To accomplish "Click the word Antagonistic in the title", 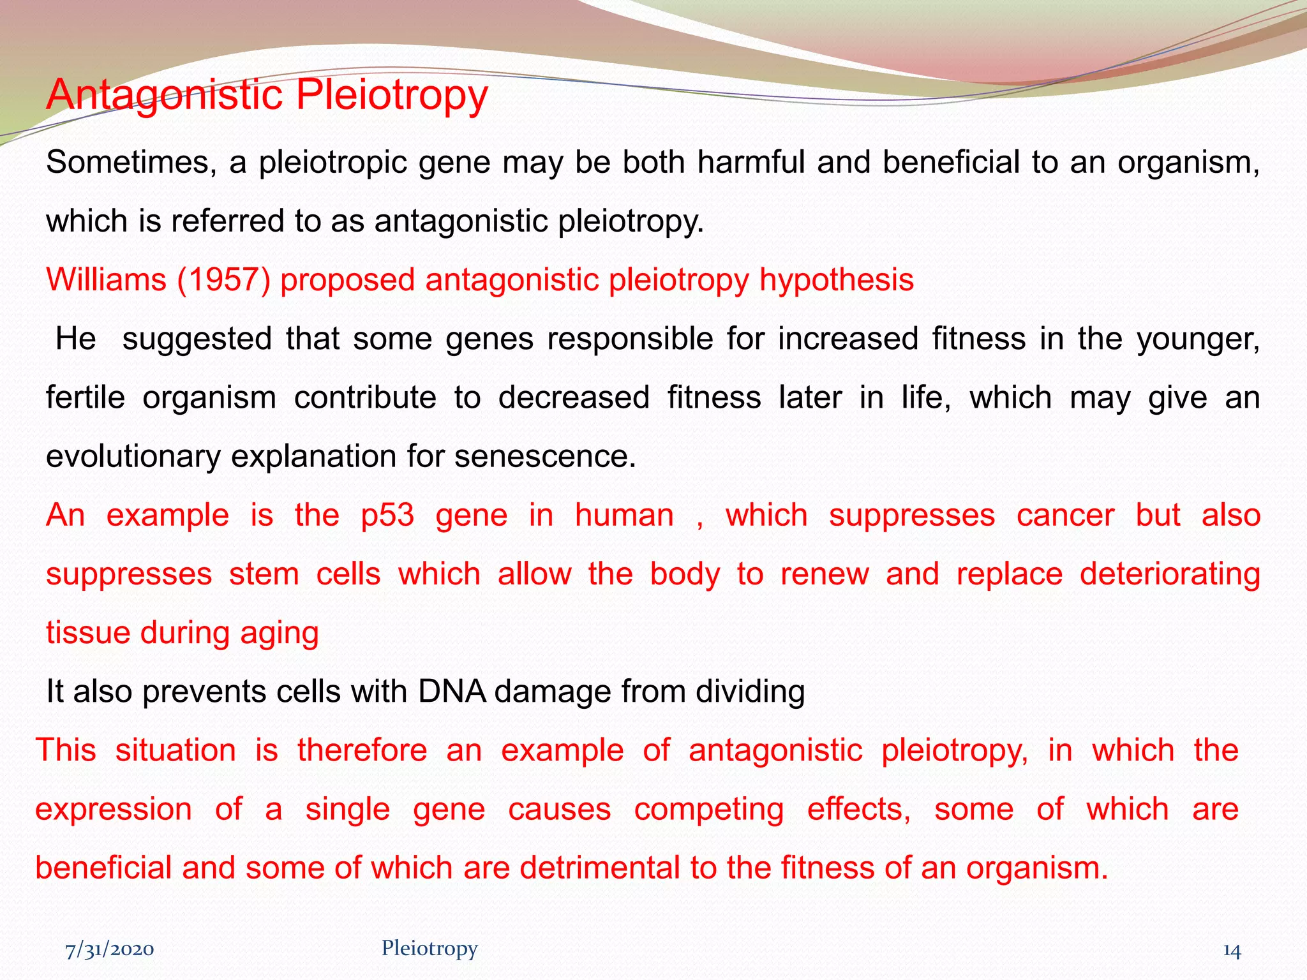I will [164, 96].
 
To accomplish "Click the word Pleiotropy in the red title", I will [391, 96].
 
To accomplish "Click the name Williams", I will [106, 280].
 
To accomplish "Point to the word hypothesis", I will [836, 280].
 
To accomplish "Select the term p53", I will [387, 516].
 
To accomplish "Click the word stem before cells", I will [264, 574].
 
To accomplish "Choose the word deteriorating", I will [1170, 574].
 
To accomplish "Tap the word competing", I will [708, 810].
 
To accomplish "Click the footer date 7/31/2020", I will [109, 950].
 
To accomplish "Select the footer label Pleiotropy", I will [429, 949].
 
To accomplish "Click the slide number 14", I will [1231, 951].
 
